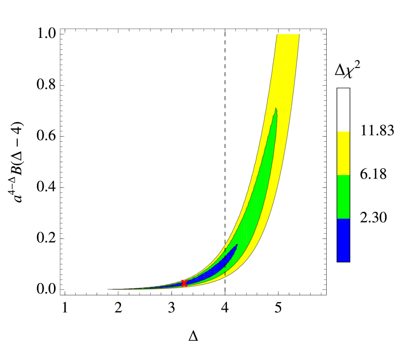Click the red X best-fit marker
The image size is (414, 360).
pos(184,283)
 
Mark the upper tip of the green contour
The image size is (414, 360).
pos(276,109)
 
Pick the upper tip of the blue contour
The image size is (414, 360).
pos(237,245)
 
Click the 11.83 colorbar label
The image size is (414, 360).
pos(377,130)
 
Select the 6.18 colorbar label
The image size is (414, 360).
pos(373,175)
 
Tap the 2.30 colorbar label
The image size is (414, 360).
pos(373,218)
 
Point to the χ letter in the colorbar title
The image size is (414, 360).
pos(350,75)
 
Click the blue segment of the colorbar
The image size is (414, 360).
pos(343,239)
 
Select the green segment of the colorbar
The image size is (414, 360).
pos(343,196)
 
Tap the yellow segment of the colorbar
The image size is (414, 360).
pos(343,153)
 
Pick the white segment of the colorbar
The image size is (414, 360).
pos(343,109)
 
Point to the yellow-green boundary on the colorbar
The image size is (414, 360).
pos(343,175)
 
